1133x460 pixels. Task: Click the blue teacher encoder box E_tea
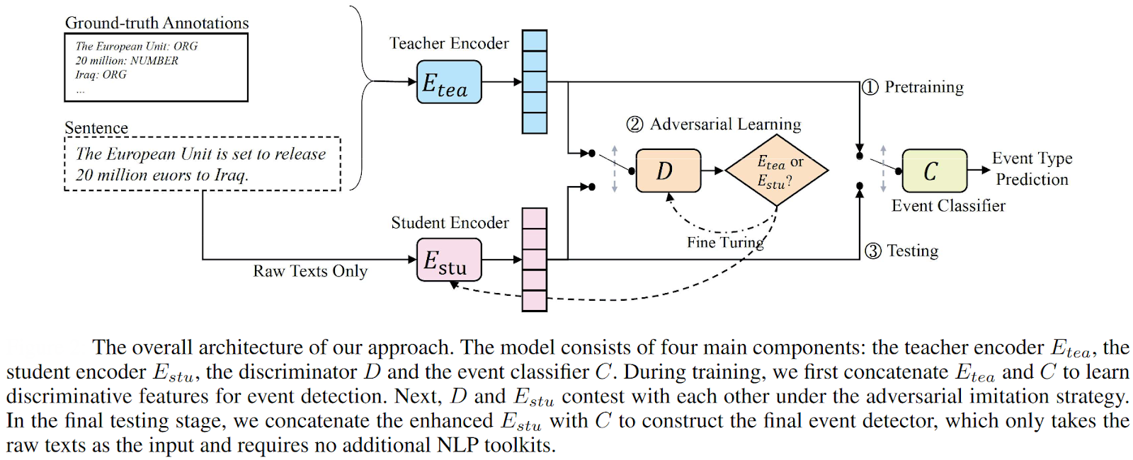pyautogui.click(x=449, y=82)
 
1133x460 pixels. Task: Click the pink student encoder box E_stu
pyautogui.click(x=449, y=260)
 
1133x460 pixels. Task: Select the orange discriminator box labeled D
pyautogui.click(x=668, y=171)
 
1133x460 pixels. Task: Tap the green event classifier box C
pyautogui.click(x=934, y=171)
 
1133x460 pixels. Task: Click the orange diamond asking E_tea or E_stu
pyautogui.click(x=777, y=171)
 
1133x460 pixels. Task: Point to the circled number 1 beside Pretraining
pyautogui.click(x=870, y=87)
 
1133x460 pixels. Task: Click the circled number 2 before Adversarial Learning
pyautogui.click(x=634, y=125)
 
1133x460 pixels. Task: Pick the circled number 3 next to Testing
pyautogui.click(x=873, y=251)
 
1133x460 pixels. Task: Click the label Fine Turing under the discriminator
pyautogui.click(x=725, y=243)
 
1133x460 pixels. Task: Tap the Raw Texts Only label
pyautogui.click(x=310, y=271)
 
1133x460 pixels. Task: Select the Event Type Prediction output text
pyautogui.click(x=1032, y=168)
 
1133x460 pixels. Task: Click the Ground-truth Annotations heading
pyautogui.click(x=156, y=23)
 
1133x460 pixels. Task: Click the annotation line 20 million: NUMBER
pyautogui.click(x=127, y=61)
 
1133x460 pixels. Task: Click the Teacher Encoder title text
pyautogui.click(x=449, y=43)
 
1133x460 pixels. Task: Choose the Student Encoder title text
pyautogui.click(x=450, y=223)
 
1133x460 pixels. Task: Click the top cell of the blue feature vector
pyautogui.click(x=534, y=40)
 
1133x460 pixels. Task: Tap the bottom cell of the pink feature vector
pyautogui.click(x=534, y=301)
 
